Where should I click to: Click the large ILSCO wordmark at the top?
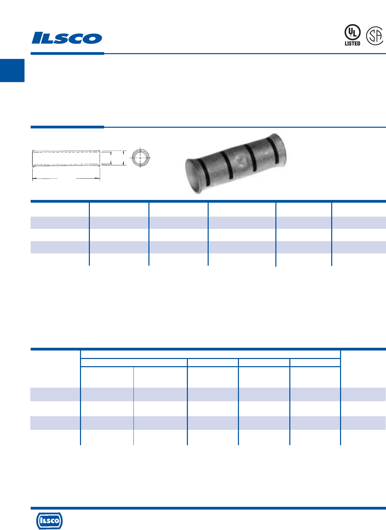67,38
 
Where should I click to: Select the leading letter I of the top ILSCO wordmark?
37,38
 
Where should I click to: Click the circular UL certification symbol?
352,32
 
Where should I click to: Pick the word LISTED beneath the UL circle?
352,44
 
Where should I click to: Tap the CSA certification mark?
375,36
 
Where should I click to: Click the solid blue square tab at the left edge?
12,71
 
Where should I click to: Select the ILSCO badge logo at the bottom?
49,521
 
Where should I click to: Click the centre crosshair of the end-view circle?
140,158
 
